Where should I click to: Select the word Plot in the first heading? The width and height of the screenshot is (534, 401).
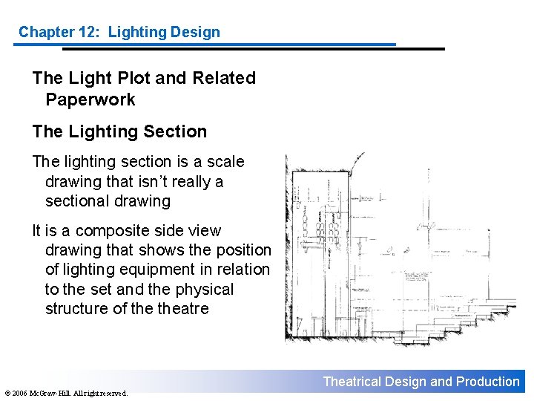(132, 78)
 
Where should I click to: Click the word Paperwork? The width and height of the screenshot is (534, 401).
(90, 100)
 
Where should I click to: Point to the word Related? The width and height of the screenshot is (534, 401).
(223, 78)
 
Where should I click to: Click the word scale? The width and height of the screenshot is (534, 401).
(225, 162)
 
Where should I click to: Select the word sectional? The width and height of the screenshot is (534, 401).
(76, 201)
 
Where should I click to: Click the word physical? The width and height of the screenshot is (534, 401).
(204, 289)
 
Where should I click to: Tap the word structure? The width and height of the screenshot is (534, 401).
(78, 308)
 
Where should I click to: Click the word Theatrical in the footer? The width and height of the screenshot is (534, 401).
(352, 382)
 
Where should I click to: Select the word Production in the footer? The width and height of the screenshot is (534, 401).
(486, 382)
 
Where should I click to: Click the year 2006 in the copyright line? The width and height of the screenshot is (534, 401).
(20, 393)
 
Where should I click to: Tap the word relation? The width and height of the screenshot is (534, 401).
(243, 270)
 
